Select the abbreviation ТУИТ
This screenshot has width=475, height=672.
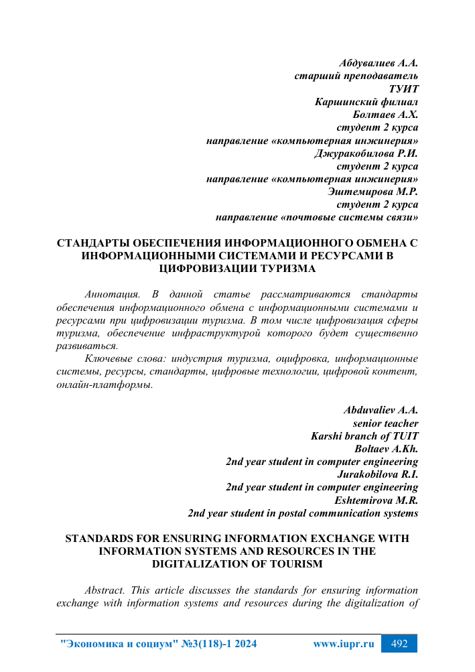coord(403,89)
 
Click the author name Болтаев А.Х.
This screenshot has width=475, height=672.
coord(385,115)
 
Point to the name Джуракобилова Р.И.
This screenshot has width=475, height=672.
coord(366,153)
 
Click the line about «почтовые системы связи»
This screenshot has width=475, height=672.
coord(317,218)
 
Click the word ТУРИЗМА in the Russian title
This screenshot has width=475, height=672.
coord(282,269)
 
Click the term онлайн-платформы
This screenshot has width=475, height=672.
coord(104,385)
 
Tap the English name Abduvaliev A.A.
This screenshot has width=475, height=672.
coord(381,410)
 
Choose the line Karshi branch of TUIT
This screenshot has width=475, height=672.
coord(365,436)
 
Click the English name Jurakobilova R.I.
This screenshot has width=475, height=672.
coord(375,474)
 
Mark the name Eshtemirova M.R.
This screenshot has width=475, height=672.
coord(376,500)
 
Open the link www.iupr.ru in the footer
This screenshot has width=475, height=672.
coord(343,645)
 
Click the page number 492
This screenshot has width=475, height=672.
coord(399,645)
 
